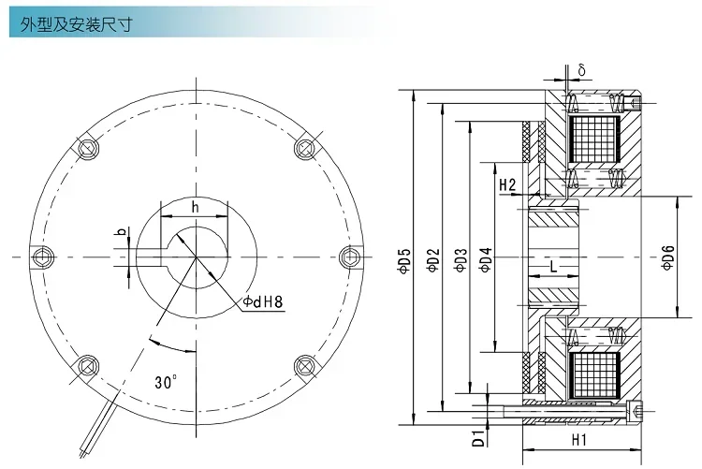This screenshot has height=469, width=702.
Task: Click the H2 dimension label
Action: coord(507,185)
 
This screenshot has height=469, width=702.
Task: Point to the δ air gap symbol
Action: coord(582,70)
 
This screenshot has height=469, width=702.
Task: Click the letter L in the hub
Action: coord(554,267)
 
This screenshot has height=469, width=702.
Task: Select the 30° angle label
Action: coord(166,383)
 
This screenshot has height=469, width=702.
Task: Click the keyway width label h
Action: coord(194,207)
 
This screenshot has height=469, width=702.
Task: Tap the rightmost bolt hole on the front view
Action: coord(348,256)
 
